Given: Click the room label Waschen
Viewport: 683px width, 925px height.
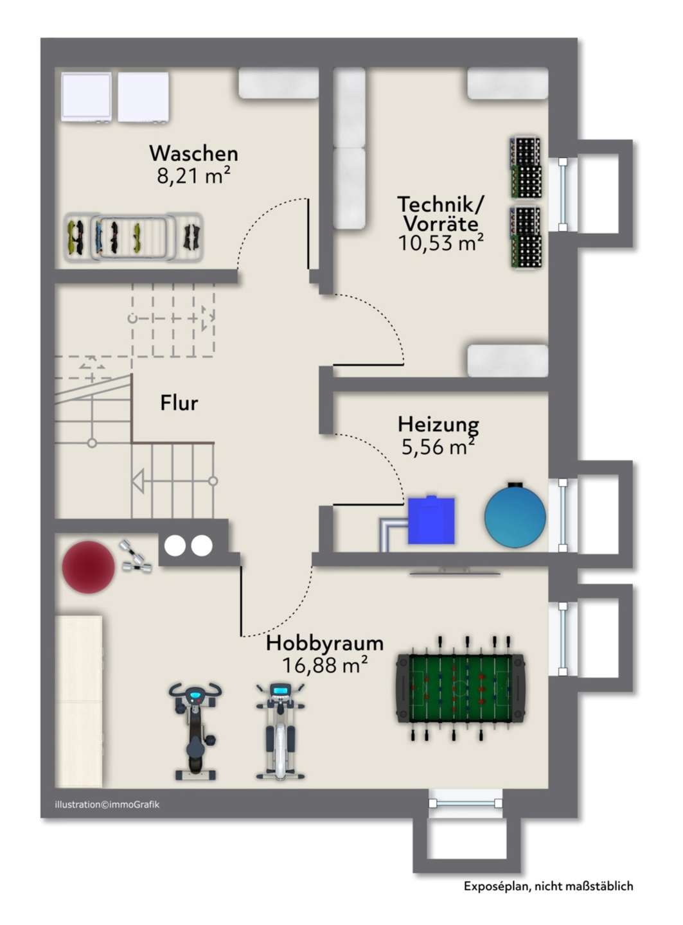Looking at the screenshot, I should click(x=193, y=154).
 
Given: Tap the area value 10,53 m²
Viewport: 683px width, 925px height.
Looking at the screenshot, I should click(x=440, y=243).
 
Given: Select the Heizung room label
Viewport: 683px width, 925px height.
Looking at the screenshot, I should click(x=438, y=424).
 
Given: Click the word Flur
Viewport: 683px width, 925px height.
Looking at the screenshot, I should click(x=179, y=403).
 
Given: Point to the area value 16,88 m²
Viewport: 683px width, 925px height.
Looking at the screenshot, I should click(x=324, y=665).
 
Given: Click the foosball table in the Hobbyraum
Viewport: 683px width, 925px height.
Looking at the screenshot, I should click(x=460, y=689).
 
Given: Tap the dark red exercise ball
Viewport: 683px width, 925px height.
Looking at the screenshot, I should click(x=88, y=567).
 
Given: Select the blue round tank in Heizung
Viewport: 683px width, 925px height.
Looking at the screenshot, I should click(x=515, y=516).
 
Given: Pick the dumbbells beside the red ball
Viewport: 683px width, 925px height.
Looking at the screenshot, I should click(x=134, y=558).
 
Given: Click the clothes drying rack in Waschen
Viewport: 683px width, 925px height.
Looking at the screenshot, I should click(x=134, y=237).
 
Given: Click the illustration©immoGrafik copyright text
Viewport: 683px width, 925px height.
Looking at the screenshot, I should click(x=107, y=804).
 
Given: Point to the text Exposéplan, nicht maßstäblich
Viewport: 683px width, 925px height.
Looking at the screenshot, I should click(x=548, y=886).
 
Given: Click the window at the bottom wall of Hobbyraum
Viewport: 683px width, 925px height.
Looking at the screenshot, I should click(x=466, y=802).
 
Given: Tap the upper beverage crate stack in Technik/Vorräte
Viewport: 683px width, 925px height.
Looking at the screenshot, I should click(x=526, y=167).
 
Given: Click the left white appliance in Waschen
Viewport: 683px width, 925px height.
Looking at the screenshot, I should click(x=86, y=96).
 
